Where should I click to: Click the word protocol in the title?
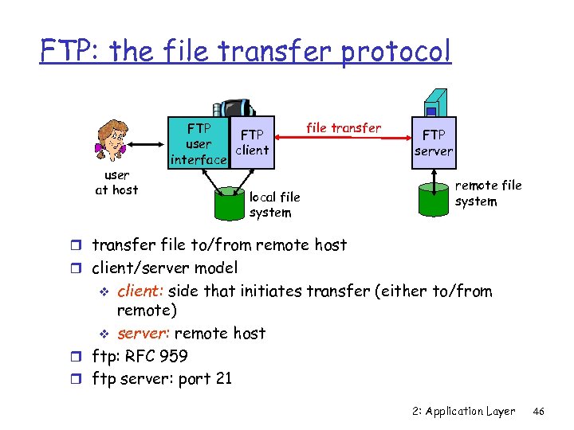pyautogui.click(x=396, y=52)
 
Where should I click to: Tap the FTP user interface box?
pyautogui.click(x=199, y=143)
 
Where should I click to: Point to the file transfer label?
pyautogui.click(x=344, y=127)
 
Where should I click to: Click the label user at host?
pyautogui.click(x=117, y=182)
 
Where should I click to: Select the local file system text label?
pyautogui.click(x=274, y=205)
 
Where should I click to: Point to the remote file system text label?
pyautogui.click(x=488, y=193)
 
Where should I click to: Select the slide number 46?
pyautogui.click(x=539, y=412)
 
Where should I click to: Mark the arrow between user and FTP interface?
pyautogui.click(x=148, y=144)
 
